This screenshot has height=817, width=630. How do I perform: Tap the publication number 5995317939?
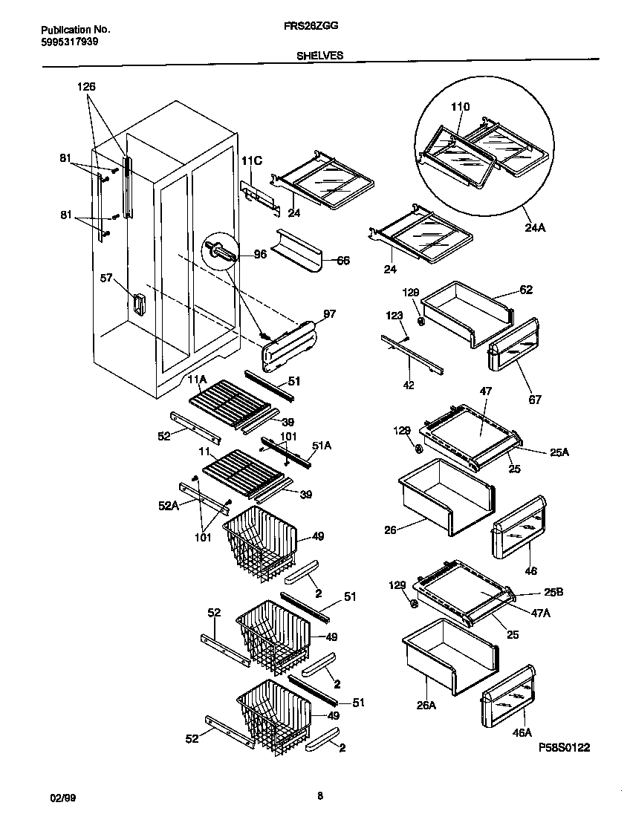tap(68, 42)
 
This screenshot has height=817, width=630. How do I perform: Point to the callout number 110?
tap(460, 107)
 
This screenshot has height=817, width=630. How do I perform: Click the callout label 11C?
tap(252, 160)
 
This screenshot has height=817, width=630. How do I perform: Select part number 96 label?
tap(259, 254)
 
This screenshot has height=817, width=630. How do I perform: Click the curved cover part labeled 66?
tap(296, 253)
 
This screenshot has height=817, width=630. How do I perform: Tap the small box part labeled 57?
tap(138, 304)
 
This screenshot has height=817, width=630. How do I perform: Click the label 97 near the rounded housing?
tap(329, 315)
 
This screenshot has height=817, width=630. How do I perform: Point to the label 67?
tap(534, 400)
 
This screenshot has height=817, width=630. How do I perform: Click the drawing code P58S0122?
tap(564, 748)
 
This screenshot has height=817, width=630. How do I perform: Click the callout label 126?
tap(86, 87)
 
